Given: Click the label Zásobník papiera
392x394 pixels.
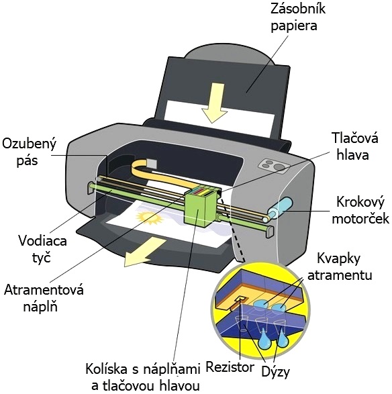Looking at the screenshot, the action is [x=298, y=17].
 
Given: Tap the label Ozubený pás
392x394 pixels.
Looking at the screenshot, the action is [x=29, y=152].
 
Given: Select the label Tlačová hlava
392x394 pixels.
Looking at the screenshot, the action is [x=354, y=146].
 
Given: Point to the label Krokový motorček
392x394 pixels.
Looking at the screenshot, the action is [x=360, y=210].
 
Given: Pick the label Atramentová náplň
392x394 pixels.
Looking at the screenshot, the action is [x=44, y=298].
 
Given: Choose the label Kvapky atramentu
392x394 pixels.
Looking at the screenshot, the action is [x=340, y=266].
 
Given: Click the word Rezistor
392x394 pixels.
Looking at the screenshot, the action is [x=230, y=367].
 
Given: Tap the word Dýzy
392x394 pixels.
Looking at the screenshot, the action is [x=276, y=371].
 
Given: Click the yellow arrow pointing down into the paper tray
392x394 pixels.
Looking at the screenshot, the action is [x=213, y=103].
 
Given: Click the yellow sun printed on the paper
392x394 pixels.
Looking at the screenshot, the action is [x=149, y=218].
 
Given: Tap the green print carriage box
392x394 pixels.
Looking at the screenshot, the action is [x=200, y=207].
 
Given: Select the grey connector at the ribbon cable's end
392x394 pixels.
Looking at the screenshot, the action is [x=152, y=164].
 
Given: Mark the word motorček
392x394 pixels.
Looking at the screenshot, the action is [x=360, y=218].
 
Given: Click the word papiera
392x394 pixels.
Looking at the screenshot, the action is [x=294, y=26].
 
